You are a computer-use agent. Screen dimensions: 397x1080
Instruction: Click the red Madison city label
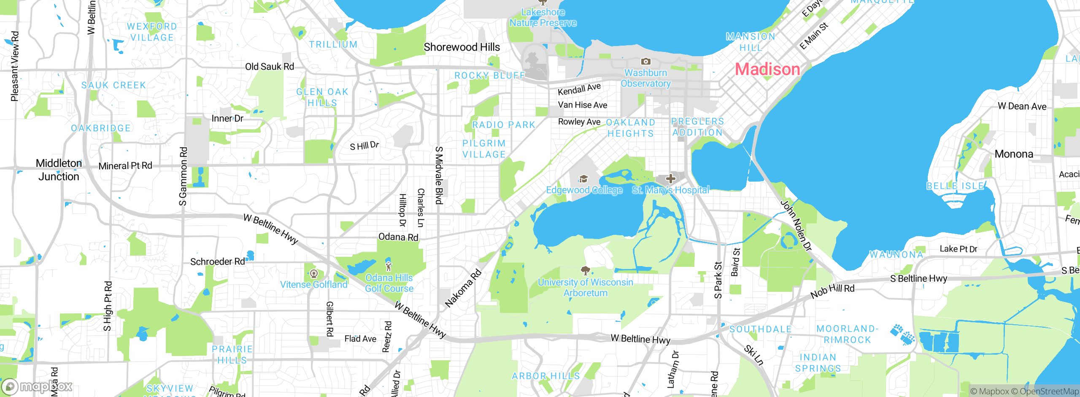tap(767, 69)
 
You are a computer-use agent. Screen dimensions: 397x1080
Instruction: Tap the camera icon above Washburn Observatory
tap(645, 62)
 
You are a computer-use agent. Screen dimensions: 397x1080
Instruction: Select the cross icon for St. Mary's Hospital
tap(670, 179)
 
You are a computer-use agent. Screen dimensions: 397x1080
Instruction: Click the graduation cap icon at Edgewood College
tap(583, 179)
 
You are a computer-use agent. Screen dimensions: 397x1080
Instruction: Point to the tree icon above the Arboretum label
tap(585, 270)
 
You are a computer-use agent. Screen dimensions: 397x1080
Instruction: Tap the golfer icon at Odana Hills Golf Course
tap(389, 266)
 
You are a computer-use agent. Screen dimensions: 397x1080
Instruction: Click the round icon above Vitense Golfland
tap(313, 274)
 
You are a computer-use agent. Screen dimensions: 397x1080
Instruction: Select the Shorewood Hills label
tap(462, 47)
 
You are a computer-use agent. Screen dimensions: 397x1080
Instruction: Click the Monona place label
tap(1014, 154)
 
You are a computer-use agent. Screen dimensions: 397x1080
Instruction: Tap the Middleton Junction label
tap(59, 170)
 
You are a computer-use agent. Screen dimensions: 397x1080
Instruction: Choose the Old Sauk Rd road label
tap(270, 67)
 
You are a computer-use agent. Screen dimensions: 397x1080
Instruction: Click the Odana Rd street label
tap(398, 237)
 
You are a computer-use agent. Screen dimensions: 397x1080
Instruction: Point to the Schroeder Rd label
tap(217, 262)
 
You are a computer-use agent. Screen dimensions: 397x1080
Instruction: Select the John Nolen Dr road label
tap(796, 226)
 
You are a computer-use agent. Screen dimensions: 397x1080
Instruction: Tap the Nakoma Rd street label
tap(463, 288)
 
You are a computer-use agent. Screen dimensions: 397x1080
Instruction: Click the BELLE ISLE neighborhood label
tap(955, 186)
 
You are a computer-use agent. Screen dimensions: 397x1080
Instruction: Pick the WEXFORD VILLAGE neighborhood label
tap(152, 32)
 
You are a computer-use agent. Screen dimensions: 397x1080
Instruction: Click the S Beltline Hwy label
tap(918, 279)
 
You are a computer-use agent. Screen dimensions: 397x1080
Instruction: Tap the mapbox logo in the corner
tap(37, 386)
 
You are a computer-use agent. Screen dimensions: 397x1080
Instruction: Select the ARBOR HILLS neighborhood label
tap(545, 376)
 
